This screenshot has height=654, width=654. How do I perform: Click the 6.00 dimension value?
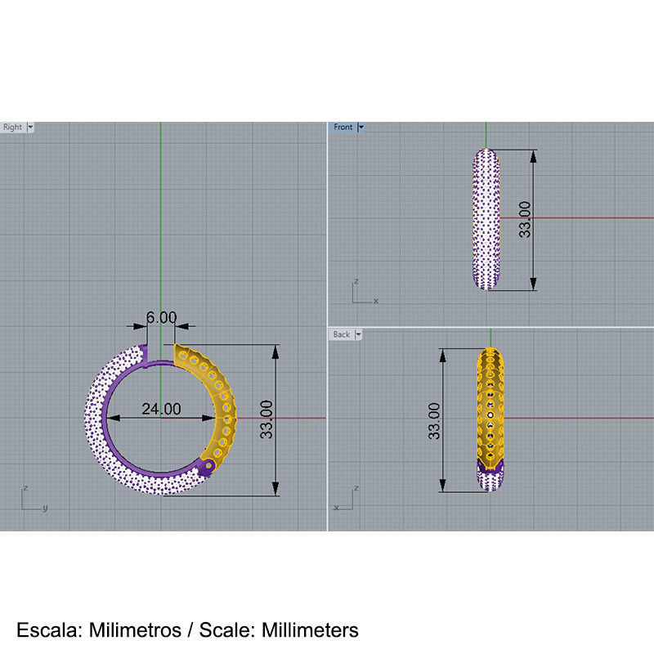point(161,316)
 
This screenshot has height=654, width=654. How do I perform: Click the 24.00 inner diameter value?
point(161,409)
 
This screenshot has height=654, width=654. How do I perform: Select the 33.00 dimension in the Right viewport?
point(267,420)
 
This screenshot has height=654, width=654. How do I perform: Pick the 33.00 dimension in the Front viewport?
point(524,219)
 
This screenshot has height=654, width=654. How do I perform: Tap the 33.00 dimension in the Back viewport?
point(433,420)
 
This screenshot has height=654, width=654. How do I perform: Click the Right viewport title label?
point(13,128)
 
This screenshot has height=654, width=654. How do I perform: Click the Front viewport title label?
point(343,128)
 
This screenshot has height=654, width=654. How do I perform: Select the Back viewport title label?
point(341,334)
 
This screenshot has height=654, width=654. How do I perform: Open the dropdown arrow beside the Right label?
point(30,128)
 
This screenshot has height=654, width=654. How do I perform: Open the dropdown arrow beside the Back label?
point(358,334)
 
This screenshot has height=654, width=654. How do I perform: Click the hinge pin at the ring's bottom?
point(208,466)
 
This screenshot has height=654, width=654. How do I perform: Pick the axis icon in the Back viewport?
point(347,496)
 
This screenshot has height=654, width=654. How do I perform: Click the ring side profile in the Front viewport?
point(487,219)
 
